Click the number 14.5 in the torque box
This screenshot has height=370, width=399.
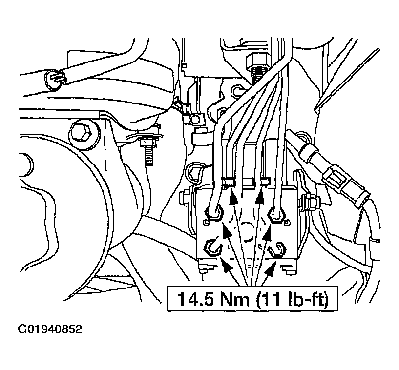(195, 299)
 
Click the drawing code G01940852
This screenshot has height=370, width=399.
(50, 329)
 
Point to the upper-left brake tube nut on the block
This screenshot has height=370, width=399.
(213, 211)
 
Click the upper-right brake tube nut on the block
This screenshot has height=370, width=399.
(277, 215)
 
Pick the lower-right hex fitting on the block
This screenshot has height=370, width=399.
(277, 250)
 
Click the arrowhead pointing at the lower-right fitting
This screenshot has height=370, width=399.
(270, 268)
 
